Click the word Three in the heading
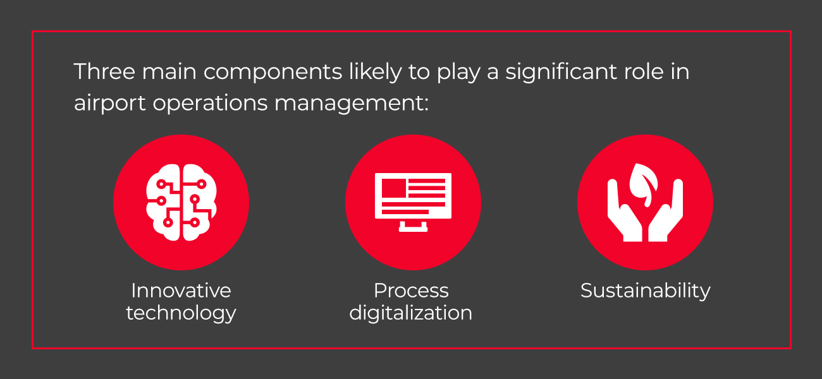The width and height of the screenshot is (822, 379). pos(104,71)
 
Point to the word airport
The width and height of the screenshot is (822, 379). pos(110,104)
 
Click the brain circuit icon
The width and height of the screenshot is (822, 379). pos(181,202)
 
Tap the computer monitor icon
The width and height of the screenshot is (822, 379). pos(413,202)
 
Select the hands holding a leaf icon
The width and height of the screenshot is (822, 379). pos(645,202)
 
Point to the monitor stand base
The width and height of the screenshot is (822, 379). pos(413,229)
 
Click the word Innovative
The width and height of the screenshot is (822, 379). pos(181,291)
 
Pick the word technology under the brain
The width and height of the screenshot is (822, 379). pos(181,313)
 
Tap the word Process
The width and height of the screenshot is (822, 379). pos(412,291)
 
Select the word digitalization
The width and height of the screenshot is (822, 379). pos(411,313)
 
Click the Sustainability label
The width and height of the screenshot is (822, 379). pos(646,291)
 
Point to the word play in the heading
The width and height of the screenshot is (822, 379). pos(458,73)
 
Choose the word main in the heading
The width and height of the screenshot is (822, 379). pos(169,71)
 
